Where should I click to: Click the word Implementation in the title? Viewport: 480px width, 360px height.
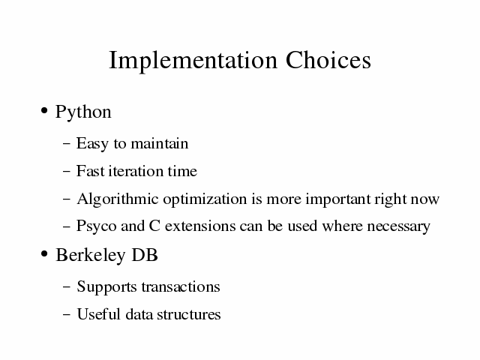pyautogui.click(x=193, y=61)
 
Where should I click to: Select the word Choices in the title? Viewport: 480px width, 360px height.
pyautogui.click(x=328, y=60)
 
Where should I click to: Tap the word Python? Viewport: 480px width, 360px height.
pyautogui.click(x=83, y=112)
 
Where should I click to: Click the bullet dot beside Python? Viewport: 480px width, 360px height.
pyautogui.click(x=44, y=110)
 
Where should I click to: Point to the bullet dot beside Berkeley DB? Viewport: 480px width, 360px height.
pyautogui.click(x=44, y=253)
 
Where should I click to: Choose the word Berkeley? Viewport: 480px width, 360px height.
pyautogui.click(x=90, y=255)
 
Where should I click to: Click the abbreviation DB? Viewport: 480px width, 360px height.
pyautogui.click(x=145, y=255)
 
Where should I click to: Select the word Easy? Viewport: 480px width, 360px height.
pyautogui.click(x=92, y=144)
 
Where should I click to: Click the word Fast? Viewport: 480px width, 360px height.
pyautogui.click(x=90, y=171)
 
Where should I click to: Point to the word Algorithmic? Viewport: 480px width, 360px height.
pyautogui.click(x=118, y=199)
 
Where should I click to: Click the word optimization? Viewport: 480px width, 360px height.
pyautogui.click(x=205, y=199)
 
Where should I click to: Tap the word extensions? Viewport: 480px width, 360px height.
pyautogui.click(x=200, y=226)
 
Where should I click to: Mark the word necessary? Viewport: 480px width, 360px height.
pyautogui.click(x=398, y=227)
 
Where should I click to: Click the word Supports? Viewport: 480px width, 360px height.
pyautogui.click(x=106, y=287)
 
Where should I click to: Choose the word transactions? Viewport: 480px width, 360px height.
pyautogui.click(x=181, y=287)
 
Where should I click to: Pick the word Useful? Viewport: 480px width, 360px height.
pyautogui.click(x=98, y=314)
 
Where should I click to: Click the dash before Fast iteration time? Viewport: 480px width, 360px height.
pyautogui.click(x=67, y=171)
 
